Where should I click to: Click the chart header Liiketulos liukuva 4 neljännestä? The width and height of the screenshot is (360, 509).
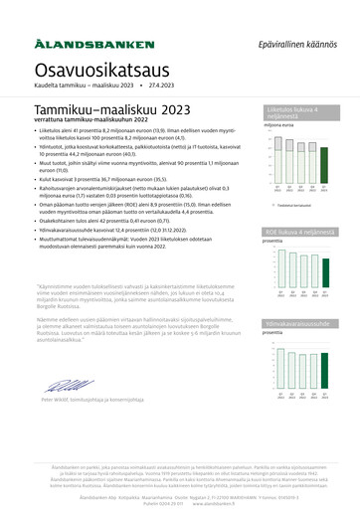tap(298, 113)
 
